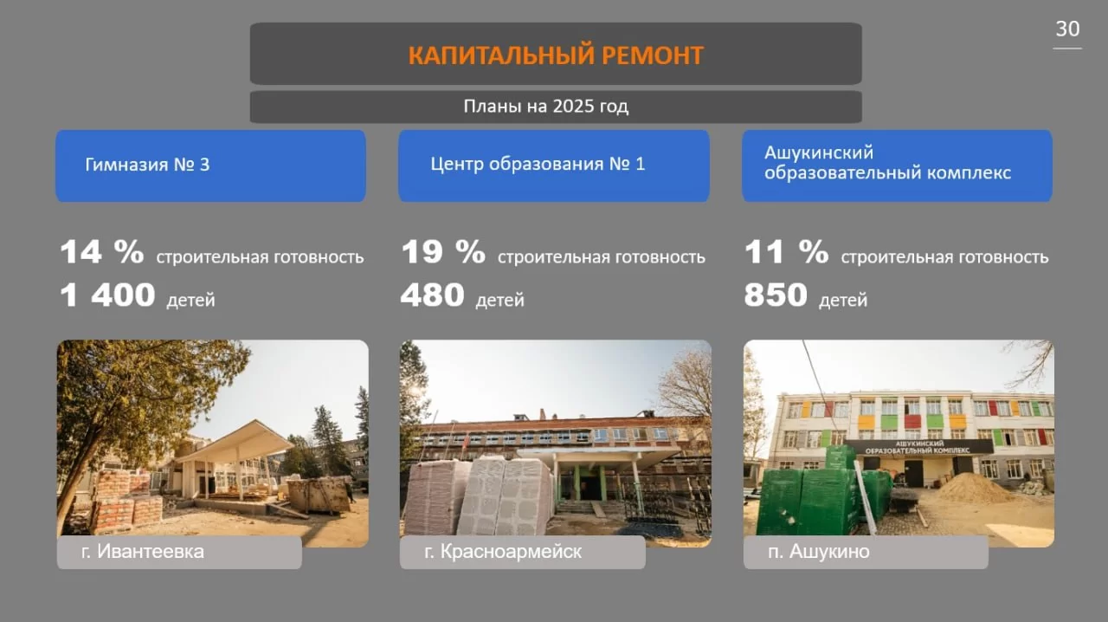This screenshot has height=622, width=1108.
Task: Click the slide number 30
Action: [1067, 29]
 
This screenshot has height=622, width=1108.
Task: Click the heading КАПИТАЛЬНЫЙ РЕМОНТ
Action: [556, 55]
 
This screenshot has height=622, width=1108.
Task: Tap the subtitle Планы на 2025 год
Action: [546, 106]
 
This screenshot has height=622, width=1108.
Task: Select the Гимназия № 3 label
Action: [147, 165]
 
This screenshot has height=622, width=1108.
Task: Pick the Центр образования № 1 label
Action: [538, 164]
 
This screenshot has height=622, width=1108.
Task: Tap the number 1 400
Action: [108, 295]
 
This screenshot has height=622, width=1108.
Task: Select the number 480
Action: [432, 295]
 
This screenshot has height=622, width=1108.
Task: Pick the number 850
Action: [776, 295]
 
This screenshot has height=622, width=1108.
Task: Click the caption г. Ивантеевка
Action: [143, 551]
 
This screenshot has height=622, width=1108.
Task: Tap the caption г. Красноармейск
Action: [503, 551]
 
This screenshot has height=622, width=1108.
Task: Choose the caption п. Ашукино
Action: [819, 551]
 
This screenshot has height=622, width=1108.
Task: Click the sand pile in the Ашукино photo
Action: [969, 489]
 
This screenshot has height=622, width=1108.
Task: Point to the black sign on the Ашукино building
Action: [918, 447]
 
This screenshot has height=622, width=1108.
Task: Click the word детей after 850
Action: [843, 300]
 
